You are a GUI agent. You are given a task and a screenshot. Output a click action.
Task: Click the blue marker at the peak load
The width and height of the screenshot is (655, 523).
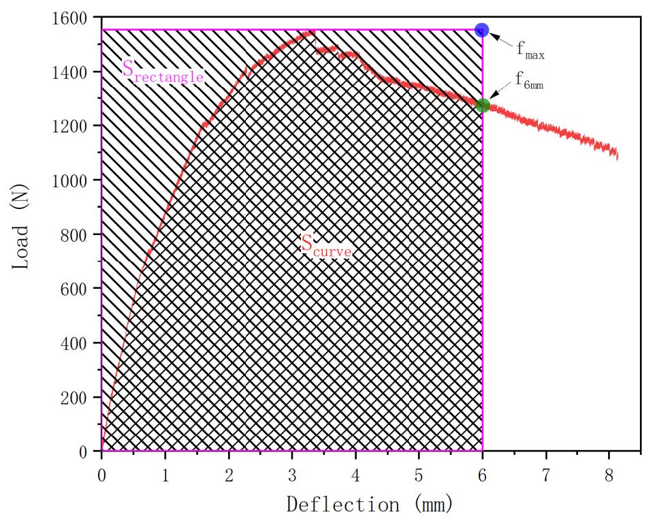482,30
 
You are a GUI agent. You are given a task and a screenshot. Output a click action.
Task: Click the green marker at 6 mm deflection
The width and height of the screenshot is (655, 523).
483,106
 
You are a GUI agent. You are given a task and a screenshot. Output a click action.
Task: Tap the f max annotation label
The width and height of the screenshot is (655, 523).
530,50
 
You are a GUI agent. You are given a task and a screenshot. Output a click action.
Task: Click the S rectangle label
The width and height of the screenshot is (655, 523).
163,71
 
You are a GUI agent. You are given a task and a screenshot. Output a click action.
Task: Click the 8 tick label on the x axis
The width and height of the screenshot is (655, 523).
609,471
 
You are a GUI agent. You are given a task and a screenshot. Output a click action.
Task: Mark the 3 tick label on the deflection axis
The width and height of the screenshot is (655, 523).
292,471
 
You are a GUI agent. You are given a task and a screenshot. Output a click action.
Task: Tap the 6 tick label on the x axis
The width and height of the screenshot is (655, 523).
483,471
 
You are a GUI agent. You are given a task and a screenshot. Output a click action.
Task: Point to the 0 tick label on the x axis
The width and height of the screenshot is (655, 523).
101,471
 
